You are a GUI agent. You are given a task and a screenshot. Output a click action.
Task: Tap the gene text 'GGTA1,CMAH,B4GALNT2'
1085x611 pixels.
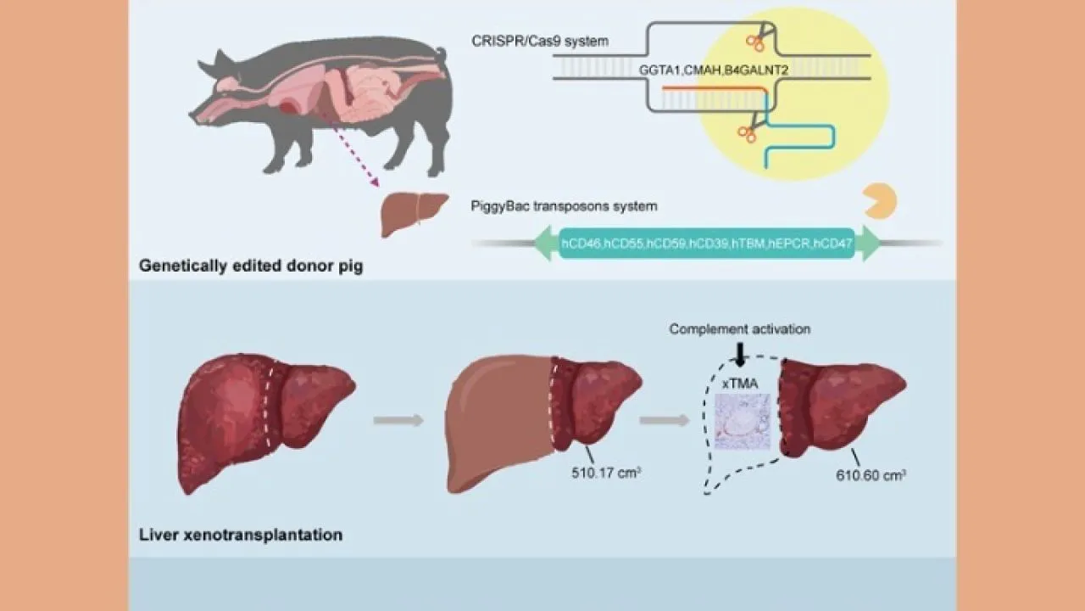[714, 71]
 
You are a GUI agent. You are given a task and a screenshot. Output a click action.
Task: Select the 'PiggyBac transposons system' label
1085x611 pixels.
[564, 205]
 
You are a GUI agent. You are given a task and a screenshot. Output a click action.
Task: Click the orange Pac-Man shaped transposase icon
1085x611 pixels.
[878, 200]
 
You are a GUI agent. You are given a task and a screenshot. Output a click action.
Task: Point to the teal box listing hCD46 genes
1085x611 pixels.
[706, 244]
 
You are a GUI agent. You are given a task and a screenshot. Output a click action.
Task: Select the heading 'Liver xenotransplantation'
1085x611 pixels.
[241, 535]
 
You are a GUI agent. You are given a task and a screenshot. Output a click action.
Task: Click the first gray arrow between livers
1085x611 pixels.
[398, 419]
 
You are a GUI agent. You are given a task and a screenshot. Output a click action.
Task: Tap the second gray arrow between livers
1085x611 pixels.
[664, 419]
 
